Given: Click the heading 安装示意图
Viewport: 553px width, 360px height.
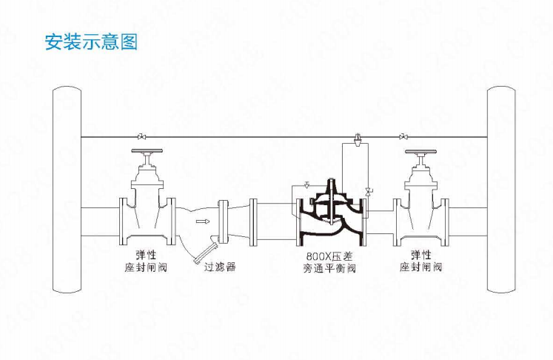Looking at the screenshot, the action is click(91, 42).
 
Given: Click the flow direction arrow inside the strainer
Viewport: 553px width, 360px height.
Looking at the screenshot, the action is click(203, 221).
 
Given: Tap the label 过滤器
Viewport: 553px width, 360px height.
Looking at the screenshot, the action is click(220, 267).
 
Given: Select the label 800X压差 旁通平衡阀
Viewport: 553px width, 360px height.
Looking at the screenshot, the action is click(329, 262).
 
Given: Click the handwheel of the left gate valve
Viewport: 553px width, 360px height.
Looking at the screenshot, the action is click(147, 151).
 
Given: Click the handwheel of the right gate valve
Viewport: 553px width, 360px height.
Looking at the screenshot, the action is click(420, 152).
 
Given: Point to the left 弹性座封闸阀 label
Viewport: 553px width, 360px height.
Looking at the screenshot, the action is click(146, 261).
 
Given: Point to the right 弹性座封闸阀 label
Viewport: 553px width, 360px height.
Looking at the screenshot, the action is click(420, 261).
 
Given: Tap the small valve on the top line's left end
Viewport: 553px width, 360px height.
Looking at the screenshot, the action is click(142, 136).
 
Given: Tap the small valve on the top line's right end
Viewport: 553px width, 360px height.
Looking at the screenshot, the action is click(403, 136).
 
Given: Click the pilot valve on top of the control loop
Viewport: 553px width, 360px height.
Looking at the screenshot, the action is click(358, 139).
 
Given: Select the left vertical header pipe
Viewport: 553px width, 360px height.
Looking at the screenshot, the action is click(67, 189).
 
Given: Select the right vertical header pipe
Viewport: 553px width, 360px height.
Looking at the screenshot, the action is click(501, 189).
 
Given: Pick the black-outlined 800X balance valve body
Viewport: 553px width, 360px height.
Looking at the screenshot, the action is click(331, 216).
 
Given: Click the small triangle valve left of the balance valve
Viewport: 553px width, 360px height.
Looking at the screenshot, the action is click(306, 184).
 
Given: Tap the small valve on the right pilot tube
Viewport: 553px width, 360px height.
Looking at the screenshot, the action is click(368, 192).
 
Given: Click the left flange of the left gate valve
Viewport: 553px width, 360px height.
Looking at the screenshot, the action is click(123, 221).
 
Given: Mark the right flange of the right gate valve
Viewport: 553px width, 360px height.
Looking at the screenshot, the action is click(446, 222).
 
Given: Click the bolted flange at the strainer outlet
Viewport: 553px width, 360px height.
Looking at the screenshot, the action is click(222, 221).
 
